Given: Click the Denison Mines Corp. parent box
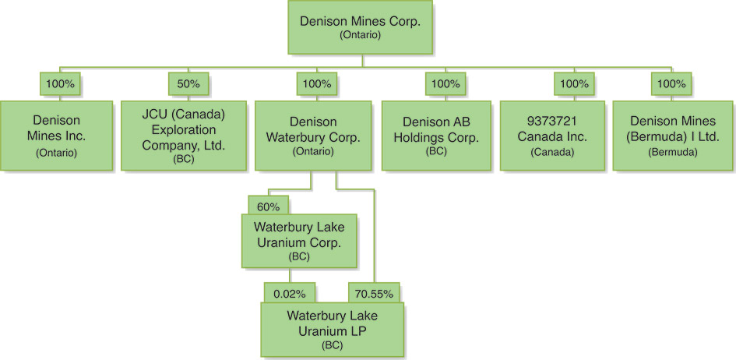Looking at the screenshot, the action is (360, 27).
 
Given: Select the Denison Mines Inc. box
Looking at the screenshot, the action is (56, 136).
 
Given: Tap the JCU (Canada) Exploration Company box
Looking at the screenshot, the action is (184, 136).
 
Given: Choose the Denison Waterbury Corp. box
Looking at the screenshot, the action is (313, 136).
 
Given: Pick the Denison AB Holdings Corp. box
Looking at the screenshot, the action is (436, 136).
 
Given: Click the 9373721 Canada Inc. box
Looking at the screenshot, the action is (552, 136).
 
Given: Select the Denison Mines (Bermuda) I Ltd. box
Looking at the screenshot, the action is (673, 136).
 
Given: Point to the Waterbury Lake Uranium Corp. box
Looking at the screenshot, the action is (299, 242).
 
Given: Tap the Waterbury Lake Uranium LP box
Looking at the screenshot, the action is (333, 330).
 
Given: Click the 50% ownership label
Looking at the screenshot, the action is (188, 84).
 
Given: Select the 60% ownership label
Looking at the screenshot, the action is (269, 206).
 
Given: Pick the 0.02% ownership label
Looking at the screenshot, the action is (290, 293).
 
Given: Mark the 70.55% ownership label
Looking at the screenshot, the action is (374, 293).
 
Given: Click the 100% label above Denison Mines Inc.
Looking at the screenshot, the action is (60, 84).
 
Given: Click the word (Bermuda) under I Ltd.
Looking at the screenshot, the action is (672, 153).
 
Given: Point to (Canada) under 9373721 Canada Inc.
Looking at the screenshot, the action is (552, 153).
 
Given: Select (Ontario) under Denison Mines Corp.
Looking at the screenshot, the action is (360, 36).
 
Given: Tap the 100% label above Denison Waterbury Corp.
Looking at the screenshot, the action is (316, 84).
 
